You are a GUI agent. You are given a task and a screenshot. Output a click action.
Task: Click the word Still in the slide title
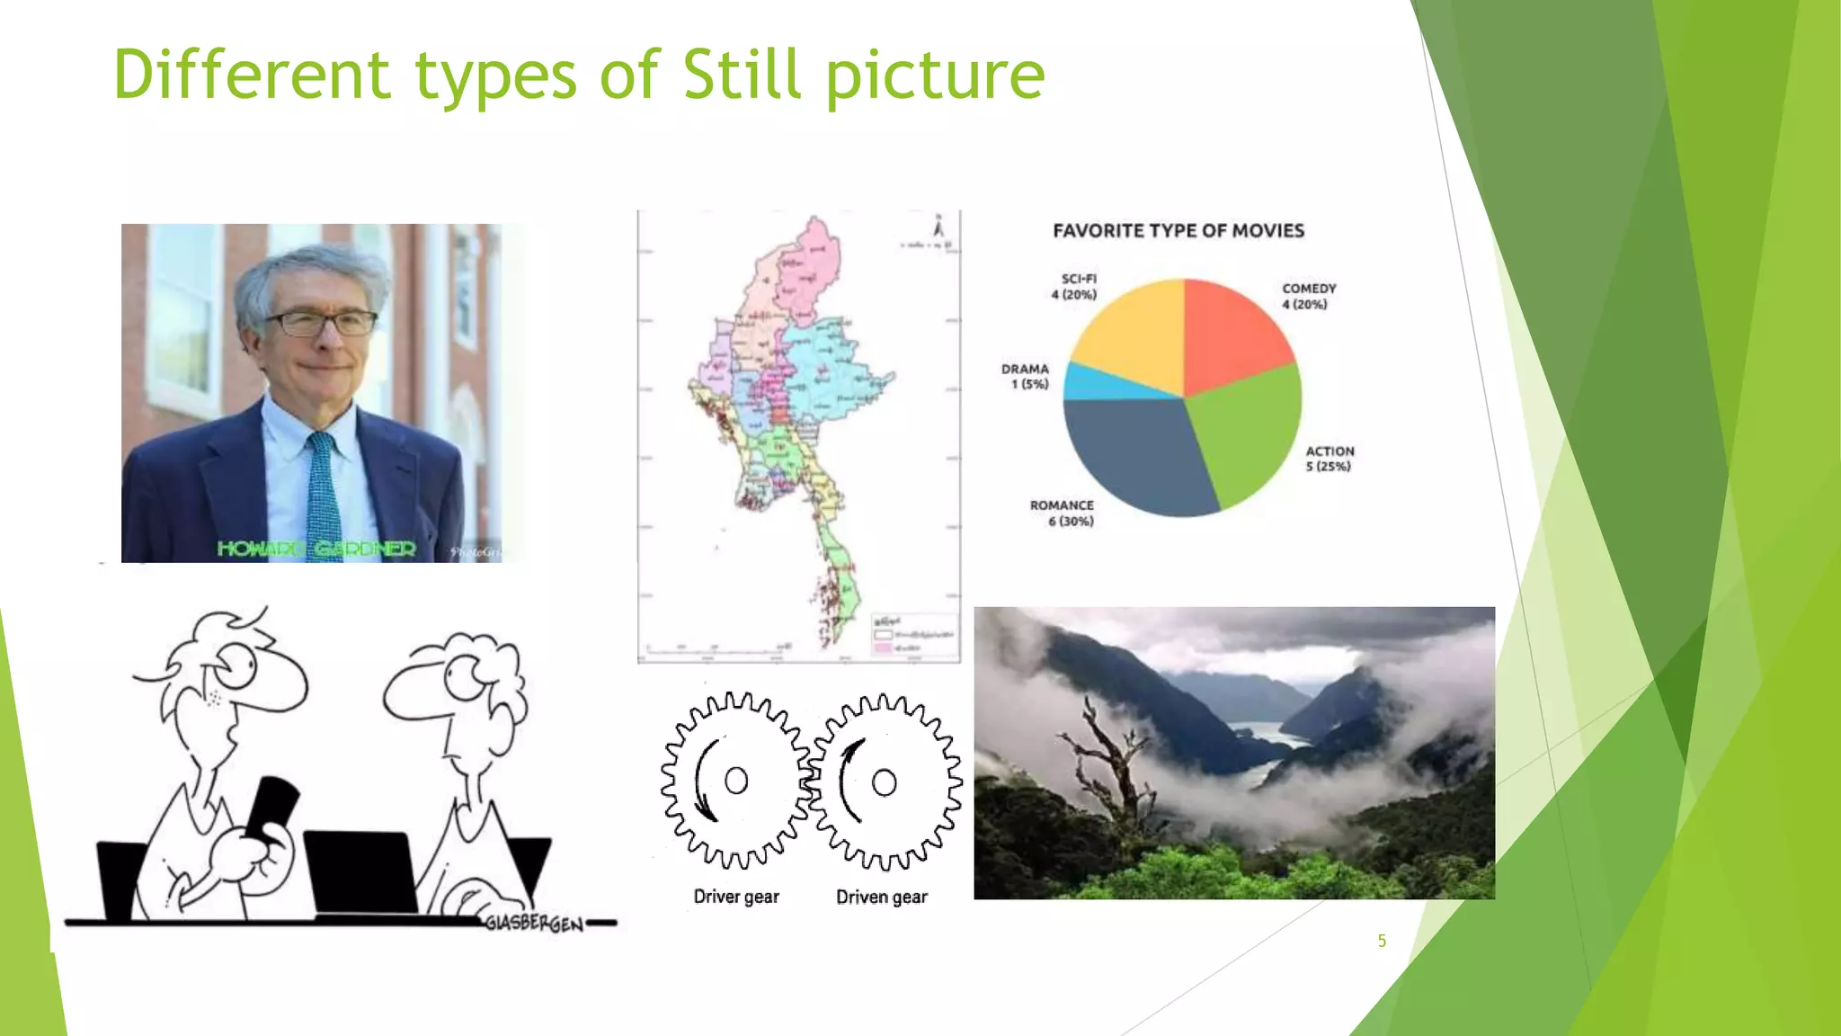(x=741, y=74)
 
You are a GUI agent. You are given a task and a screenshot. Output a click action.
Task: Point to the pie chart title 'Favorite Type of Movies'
(x=1178, y=231)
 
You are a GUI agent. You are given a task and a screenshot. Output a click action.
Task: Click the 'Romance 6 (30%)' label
(x=1062, y=514)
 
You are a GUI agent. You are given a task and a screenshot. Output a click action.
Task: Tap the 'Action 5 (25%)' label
(x=1329, y=459)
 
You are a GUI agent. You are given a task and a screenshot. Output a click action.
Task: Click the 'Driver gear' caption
(x=736, y=897)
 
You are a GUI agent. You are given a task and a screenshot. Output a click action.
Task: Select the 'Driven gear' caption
(x=881, y=897)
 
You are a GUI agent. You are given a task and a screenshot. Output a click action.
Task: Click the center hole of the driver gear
(x=736, y=781)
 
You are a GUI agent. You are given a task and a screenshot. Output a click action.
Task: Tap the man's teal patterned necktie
(x=322, y=495)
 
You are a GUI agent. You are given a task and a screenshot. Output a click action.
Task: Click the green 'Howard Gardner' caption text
(x=316, y=549)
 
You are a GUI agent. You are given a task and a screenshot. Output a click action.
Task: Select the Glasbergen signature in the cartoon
(x=534, y=924)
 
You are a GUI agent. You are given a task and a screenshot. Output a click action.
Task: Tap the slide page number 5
(x=1382, y=941)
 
